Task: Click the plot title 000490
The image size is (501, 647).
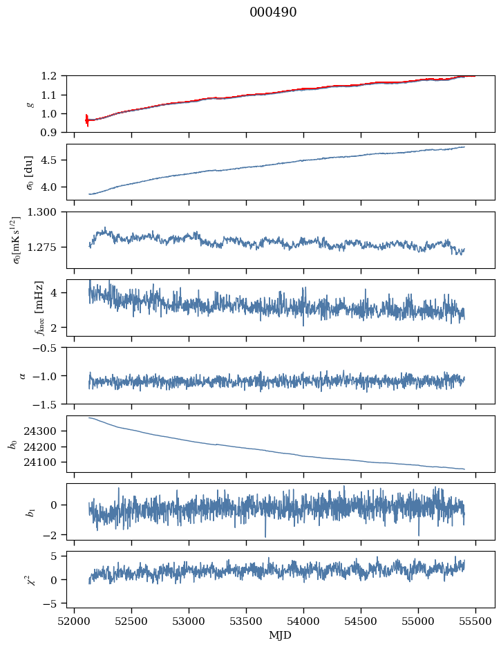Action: tap(273, 12)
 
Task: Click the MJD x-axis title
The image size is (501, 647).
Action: tap(281, 635)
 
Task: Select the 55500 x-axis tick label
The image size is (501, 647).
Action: tap(475, 620)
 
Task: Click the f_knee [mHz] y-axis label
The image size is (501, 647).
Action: tap(39, 308)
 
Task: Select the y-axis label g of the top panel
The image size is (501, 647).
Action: tap(29, 104)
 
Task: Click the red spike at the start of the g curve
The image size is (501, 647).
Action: tap(86, 120)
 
